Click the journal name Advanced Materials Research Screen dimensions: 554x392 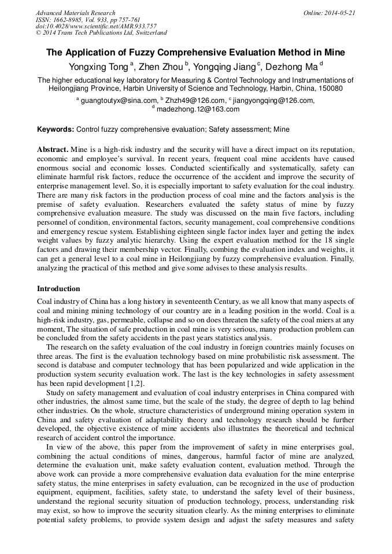click(x=76, y=13)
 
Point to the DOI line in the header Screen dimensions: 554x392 click(x=96, y=26)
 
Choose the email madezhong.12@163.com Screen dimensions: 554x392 click(x=198, y=109)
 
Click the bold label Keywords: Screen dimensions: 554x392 click(x=56, y=129)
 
